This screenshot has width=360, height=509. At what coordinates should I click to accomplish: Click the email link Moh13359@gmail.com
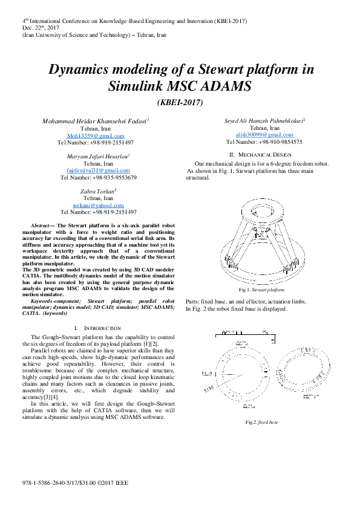point(96,136)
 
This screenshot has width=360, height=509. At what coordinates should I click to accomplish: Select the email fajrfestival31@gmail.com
point(96,170)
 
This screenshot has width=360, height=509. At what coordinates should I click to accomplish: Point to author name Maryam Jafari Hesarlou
point(96,156)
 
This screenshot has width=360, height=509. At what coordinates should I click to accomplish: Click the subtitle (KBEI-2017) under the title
point(180,103)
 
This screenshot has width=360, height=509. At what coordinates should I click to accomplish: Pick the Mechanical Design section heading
point(261,155)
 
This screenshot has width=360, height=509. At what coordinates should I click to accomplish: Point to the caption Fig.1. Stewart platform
point(261,291)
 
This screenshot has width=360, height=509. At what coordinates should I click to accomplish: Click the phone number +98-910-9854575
point(263,143)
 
